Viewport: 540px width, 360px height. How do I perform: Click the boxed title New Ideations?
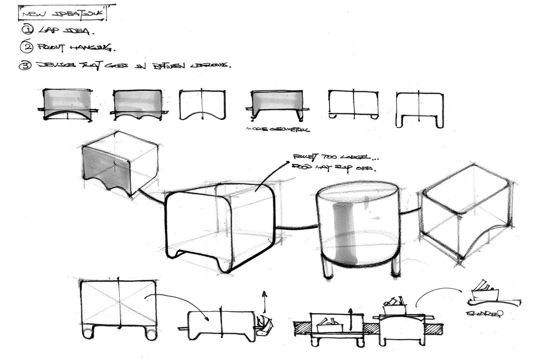tap(63, 14)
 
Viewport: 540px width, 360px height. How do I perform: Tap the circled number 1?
tap(27, 30)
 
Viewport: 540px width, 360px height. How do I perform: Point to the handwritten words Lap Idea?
tap(67, 31)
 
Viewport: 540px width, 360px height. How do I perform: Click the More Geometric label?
tap(277, 129)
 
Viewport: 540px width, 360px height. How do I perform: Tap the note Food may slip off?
tap(334, 167)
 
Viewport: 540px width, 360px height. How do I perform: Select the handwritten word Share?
tap(485, 313)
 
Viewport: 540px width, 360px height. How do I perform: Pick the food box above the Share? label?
tap(485, 292)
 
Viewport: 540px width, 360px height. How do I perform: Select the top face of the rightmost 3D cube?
tap(467, 190)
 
